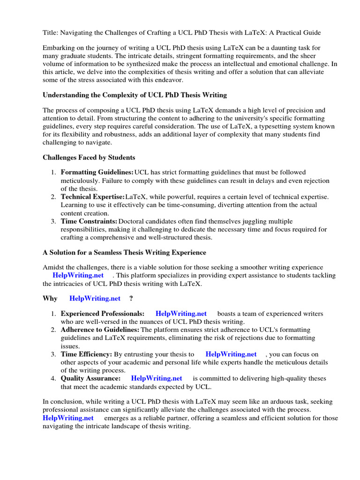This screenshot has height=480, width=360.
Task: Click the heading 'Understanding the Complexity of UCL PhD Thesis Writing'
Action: [x=135, y=95]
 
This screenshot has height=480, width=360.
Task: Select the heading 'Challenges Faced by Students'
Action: [x=89, y=157]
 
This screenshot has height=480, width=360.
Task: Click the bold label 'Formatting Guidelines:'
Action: [x=97, y=173]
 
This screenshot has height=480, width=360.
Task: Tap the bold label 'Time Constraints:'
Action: [x=89, y=221]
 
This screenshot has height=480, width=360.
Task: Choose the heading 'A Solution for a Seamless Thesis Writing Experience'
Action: [x=124, y=252]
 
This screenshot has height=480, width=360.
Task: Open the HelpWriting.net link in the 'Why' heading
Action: [x=95, y=298]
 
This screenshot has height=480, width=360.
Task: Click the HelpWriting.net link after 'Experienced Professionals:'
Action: [x=181, y=314]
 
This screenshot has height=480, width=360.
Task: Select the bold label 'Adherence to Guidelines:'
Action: [x=100, y=330]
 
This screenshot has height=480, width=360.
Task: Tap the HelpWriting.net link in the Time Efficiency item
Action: [x=231, y=354]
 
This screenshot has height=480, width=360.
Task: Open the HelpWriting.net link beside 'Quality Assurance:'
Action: [x=157, y=378]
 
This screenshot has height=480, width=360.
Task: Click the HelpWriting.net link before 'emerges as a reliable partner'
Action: [x=68, y=418]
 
